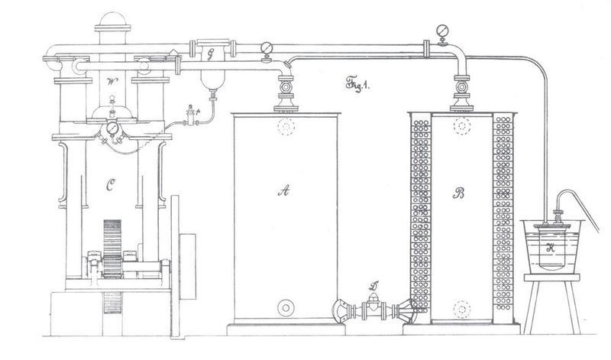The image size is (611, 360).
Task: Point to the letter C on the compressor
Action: tap(111, 183)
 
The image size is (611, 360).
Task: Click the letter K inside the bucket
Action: tap(551, 247)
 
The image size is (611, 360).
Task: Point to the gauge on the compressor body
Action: tap(114, 128)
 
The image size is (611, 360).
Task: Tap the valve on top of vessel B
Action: tap(461, 89)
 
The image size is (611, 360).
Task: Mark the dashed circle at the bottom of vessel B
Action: tap(461, 309)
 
